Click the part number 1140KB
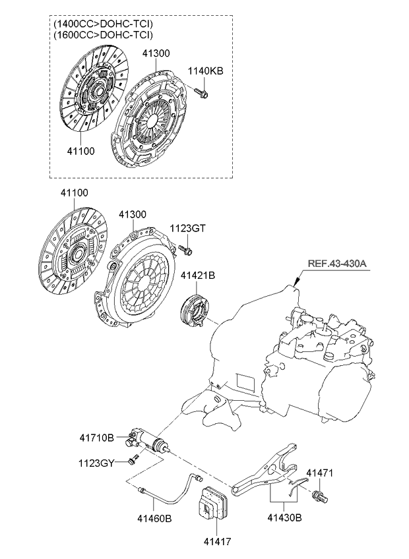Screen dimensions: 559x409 (205, 71)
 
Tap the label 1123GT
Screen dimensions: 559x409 (188, 228)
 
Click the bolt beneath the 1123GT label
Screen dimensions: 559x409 (185, 249)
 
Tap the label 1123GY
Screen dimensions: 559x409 (97, 463)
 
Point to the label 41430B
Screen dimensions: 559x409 (285, 518)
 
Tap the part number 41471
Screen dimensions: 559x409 (321, 473)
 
